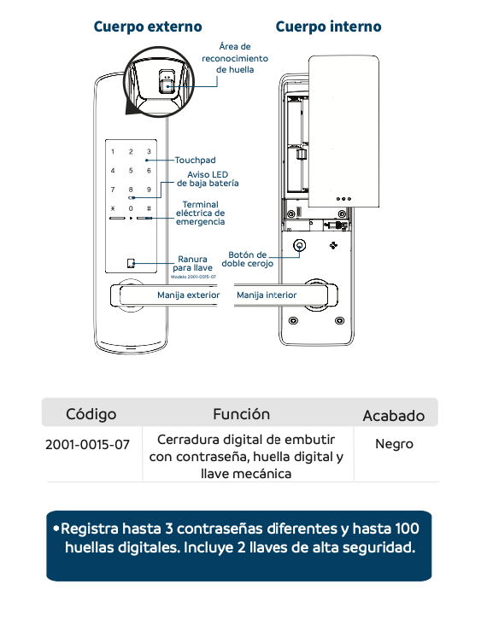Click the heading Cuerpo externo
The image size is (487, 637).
(x=148, y=27)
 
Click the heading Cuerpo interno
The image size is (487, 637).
(x=328, y=27)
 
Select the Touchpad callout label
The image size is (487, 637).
(x=196, y=161)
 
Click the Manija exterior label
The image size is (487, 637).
(x=188, y=295)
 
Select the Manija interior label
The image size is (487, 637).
(x=267, y=295)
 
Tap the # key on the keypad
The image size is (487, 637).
(x=149, y=208)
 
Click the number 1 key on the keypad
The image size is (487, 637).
(x=112, y=152)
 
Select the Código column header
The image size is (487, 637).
(x=91, y=414)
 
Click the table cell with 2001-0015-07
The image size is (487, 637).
(x=87, y=445)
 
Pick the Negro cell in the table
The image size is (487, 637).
(x=394, y=444)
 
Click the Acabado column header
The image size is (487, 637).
(x=393, y=416)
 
